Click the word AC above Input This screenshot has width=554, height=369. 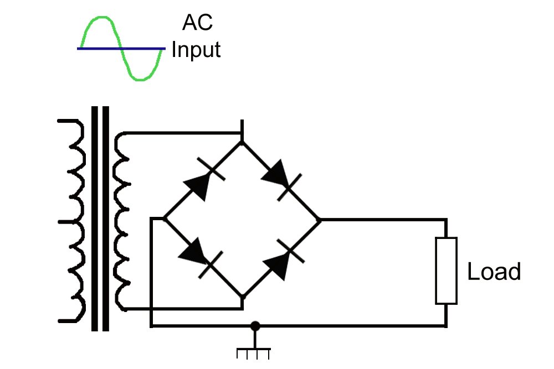pyautogui.click(x=197, y=23)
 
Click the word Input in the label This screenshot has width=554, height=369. pyautogui.click(x=196, y=50)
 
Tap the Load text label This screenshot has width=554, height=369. pyautogui.click(x=494, y=272)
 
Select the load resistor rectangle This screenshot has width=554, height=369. pyautogui.click(x=446, y=271)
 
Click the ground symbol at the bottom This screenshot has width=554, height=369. pyautogui.click(x=254, y=352)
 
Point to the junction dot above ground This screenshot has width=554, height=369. pyautogui.click(x=255, y=326)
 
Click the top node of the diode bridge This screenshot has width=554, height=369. pyautogui.click(x=242, y=142)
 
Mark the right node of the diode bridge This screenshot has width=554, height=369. pyautogui.click(x=320, y=220)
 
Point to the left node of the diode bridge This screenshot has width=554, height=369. pyautogui.click(x=165, y=219)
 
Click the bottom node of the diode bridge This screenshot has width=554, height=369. pyautogui.click(x=242, y=297)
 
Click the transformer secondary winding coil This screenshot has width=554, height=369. pyautogui.click(x=122, y=221)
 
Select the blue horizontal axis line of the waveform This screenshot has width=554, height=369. pyautogui.click(x=121, y=49)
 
